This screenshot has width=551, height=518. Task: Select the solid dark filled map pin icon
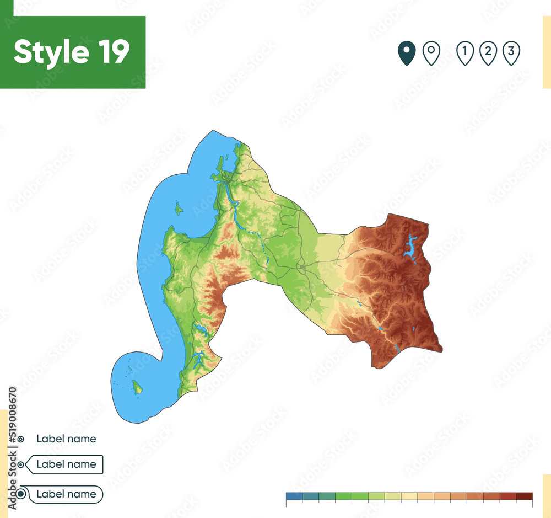tap(407, 54)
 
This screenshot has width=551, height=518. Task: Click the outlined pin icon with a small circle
tap(431, 54)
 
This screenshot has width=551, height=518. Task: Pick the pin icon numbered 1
tap(465, 54)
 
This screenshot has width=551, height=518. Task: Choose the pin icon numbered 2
tap(488, 54)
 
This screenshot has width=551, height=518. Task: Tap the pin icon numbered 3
tap(511, 54)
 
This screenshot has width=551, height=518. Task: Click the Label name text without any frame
tap(66, 439)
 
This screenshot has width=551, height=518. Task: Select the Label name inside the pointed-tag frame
tap(66, 464)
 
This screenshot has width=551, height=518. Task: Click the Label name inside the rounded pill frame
tap(66, 494)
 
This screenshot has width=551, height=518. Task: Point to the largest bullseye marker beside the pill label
tap(20, 494)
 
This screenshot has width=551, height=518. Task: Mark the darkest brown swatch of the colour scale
tap(525, 495)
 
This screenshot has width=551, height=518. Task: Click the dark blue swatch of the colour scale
tap(294, 495)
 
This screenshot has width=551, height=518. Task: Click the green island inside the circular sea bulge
tap(137, 388)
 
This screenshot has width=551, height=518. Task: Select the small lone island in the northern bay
tap(179, 209)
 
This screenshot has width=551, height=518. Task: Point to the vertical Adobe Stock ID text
tap(13, 425)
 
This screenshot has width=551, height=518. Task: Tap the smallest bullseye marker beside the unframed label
tap(20, 439)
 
